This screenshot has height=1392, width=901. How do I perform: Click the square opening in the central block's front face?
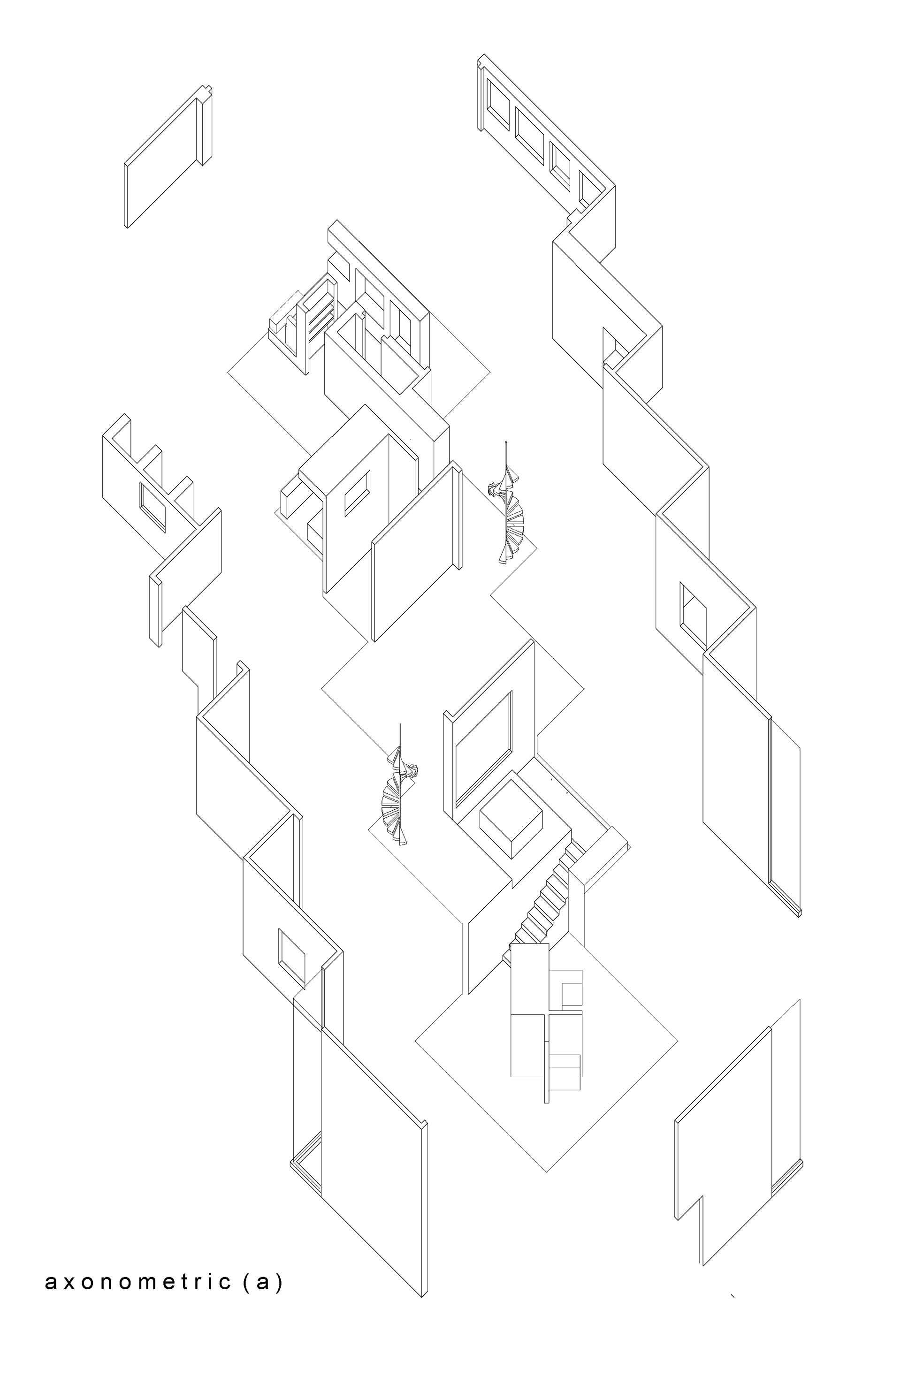[357, 493]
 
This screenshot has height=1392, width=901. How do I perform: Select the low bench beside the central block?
[291, 497]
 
